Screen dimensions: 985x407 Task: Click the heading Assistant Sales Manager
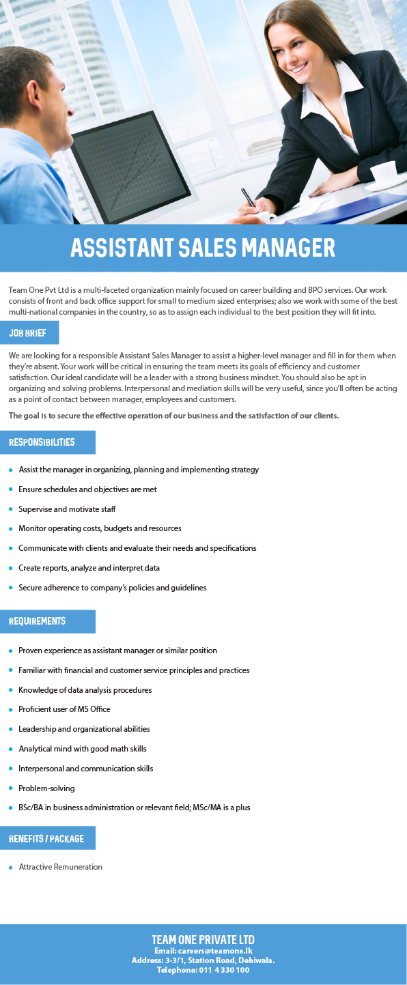(x=203, y=248)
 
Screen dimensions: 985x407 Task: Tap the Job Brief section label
(x=28, y=333)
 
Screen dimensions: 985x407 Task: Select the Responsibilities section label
(x=42, y=442)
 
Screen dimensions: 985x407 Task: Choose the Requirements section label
(x=38, y=621)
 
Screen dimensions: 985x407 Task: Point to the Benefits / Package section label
(x=46, y=838)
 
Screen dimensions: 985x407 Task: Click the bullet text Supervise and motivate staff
(x=67, y=509)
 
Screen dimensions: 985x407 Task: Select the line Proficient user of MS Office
(x=64, y=709)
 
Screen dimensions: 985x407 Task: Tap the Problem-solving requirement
(x=46, y=788)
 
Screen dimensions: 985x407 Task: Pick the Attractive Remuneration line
(x=60, y=867)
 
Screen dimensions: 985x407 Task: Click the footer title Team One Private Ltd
(x=203, y=939)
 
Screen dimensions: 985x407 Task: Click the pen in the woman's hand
(x=248, y=197)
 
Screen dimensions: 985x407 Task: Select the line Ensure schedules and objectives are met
(x=87, y=489)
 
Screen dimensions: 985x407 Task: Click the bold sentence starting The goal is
(x=173, y=416)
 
